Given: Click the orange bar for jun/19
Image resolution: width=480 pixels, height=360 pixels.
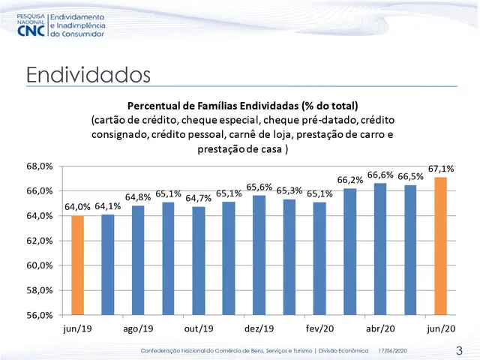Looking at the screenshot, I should pos(76,265).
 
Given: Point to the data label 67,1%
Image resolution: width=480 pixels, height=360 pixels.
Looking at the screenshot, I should pos(442,169).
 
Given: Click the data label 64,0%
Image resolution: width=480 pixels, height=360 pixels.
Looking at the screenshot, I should pos(77,207).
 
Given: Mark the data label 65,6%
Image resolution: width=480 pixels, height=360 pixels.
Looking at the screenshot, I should pos(259,187).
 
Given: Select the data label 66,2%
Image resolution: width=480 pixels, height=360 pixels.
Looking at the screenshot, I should pos(350,180).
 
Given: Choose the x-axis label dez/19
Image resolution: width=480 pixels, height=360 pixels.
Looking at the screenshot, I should pos(259,329).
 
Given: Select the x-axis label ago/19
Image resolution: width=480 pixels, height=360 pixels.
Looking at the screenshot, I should pos(137,329).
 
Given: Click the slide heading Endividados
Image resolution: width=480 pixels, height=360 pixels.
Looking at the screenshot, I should pos(88,75).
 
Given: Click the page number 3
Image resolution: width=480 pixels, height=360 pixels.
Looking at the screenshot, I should pos(459,351).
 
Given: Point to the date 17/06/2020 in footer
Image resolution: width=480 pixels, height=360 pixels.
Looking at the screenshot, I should pos(393,351).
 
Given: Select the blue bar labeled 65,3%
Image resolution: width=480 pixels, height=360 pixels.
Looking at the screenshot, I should pos(290,256).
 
